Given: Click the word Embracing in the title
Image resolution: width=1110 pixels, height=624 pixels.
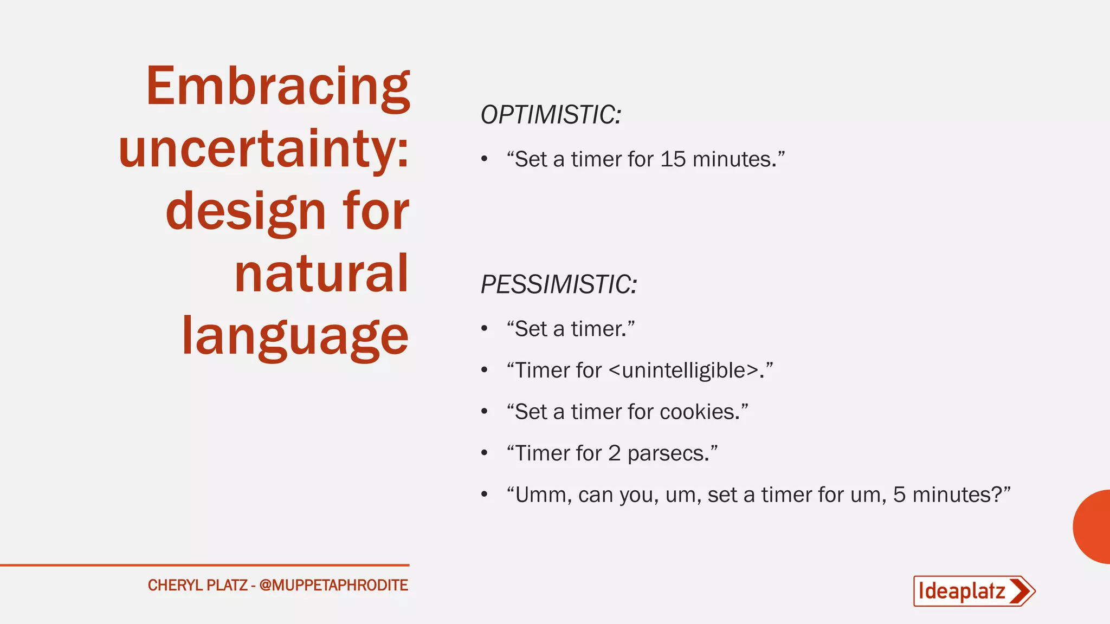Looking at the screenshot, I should (x=277, y=87).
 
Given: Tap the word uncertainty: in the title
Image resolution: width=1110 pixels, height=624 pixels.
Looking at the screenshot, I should (x=263, y=149).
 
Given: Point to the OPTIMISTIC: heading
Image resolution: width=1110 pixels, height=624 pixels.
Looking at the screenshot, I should (x=551, y=115).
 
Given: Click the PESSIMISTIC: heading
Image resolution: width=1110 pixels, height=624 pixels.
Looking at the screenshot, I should (x=559, y=285).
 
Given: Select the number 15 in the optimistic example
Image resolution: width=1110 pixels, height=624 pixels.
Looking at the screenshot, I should (x=673, y=159).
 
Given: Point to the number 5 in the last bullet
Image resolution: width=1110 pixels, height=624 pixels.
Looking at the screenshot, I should (x=899, y=495).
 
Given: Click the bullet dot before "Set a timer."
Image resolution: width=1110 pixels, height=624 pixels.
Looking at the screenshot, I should (x=485, y=329).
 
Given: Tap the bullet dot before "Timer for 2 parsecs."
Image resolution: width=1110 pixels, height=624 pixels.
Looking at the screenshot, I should (x=485, y=453).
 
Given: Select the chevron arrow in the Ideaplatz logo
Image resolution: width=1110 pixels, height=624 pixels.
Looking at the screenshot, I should (x=1021, y=591).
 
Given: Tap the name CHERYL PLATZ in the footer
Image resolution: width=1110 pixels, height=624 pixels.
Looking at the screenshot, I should (x=197, y=586).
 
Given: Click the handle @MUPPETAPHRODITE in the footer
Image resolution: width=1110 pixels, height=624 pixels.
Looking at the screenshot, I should (x=333, y=586).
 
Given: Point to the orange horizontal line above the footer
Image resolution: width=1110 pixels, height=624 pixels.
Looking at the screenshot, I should (x=204, y=565).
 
